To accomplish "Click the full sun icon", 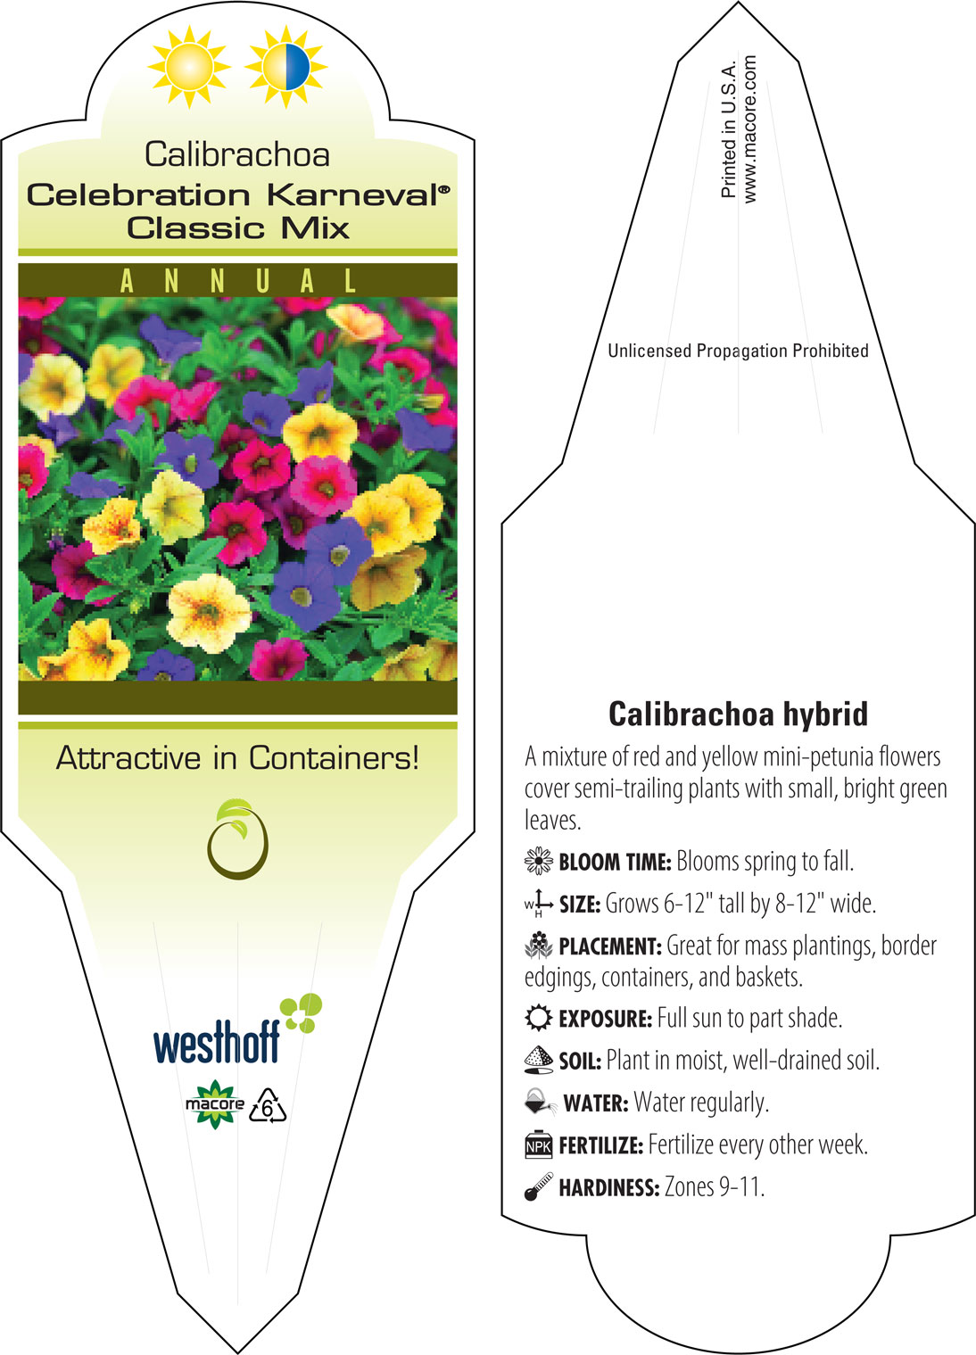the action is click(189, 67).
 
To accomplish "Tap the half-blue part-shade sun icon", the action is click(286, 67).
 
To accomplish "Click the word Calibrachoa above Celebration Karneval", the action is click(237, 154).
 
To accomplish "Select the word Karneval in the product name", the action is click(359, 195).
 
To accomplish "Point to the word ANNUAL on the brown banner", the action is click(238, 281).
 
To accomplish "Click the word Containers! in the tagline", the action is click(334, 757).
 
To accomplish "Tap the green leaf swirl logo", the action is click(237, 839).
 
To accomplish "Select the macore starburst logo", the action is click(214, 1104).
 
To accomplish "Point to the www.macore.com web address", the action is click(749, 129).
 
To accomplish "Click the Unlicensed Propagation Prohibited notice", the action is click(738, 351).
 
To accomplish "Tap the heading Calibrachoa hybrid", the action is click(738, 714).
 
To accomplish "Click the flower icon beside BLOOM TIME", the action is click(539, 861).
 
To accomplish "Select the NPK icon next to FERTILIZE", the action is click(539, 1144).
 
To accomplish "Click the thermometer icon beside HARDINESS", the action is click(539, 1186).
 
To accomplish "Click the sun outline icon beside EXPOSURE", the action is click(539, 1018).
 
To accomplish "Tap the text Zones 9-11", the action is click(715, 1186).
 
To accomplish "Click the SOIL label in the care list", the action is click(580, 1061).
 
